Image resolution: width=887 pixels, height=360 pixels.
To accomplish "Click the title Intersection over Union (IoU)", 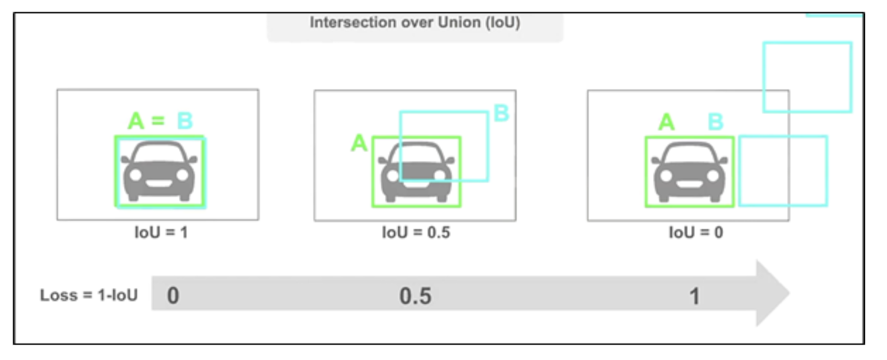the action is click(x=415, y=22).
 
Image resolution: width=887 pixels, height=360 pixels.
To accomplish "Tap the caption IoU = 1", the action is click(x=161, y=232).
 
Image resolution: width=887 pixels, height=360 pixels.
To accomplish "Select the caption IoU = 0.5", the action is click(x=416, y=232).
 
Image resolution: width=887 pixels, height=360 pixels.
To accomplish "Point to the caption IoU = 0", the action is click(x=696, y=232).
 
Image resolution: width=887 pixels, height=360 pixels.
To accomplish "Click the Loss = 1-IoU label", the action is click(x=89, y=295).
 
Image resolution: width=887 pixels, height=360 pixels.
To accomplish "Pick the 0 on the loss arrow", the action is click(x=173, y=296).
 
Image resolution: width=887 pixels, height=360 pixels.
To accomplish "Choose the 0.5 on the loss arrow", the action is click(x=415, y=296).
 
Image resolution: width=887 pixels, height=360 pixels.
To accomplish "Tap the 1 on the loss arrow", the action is click(x=694, y=297).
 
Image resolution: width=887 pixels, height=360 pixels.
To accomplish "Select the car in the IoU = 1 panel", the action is click(x=159, y=171).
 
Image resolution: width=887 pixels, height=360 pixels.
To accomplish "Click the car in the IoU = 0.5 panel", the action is click(x=416, y=172).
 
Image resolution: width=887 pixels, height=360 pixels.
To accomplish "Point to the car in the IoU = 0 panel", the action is click(x=690, y=171).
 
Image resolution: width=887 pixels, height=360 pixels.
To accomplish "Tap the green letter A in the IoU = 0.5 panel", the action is click(x=359, y=143).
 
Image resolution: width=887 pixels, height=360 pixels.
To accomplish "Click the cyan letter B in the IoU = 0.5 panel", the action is click(x=501, y=113).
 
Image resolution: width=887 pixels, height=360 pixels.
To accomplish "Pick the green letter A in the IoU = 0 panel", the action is click(x=666, y=122).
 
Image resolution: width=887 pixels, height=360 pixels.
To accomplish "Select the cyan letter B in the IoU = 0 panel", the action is click(x=715, y=122).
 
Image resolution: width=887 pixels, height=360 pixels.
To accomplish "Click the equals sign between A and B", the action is click(x=158, y=121).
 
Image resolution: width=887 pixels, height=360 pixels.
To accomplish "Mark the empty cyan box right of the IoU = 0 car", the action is click(x=783, y=171).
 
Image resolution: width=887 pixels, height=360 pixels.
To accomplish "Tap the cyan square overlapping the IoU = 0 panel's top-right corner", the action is click(x=807, y=77).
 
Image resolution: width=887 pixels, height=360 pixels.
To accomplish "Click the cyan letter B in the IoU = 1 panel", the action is click(x=185, y=121).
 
